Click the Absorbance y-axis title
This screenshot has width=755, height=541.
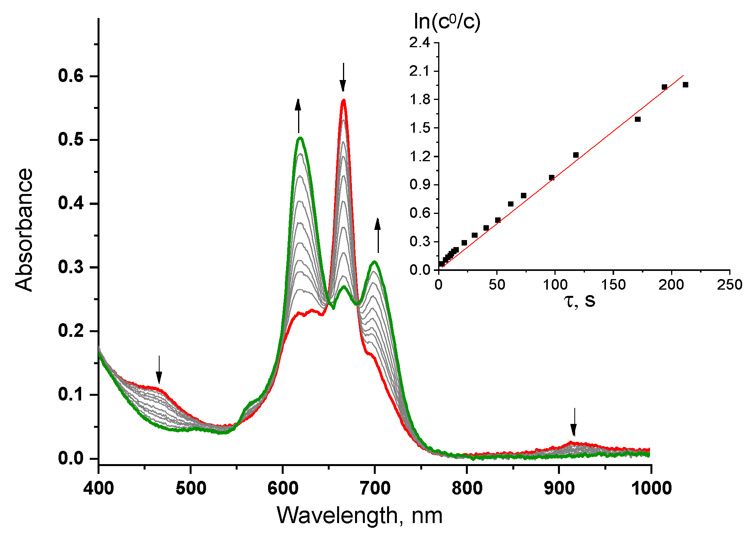[x=24, y=230]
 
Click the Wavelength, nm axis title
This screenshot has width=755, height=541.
[x=359, y=516]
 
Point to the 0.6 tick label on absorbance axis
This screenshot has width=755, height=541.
[x=71, y=76]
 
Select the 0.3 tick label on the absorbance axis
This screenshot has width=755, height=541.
[x=71, y=267]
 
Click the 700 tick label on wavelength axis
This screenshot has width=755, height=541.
[x=375, y=488]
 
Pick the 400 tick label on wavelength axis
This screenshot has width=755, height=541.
[x=98, y=488]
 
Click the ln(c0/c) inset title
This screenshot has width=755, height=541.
[x=447, y=22]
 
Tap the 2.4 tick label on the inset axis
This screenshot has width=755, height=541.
[x=419, y=43]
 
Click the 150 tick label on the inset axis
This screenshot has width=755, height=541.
[x=613, y=285]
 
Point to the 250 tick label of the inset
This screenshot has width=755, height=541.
[x=729, y=285]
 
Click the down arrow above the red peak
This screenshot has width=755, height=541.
[x=343, y=77]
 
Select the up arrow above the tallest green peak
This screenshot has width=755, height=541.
[x=298, y=116]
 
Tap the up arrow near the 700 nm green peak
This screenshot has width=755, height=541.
[x=377, y=235]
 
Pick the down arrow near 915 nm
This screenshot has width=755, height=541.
[x=573, y=422]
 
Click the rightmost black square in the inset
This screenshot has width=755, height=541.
[x=685, y=85]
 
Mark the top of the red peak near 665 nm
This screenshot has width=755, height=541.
[x=344, y=100]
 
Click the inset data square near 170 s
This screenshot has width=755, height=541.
[x=638, y=119]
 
